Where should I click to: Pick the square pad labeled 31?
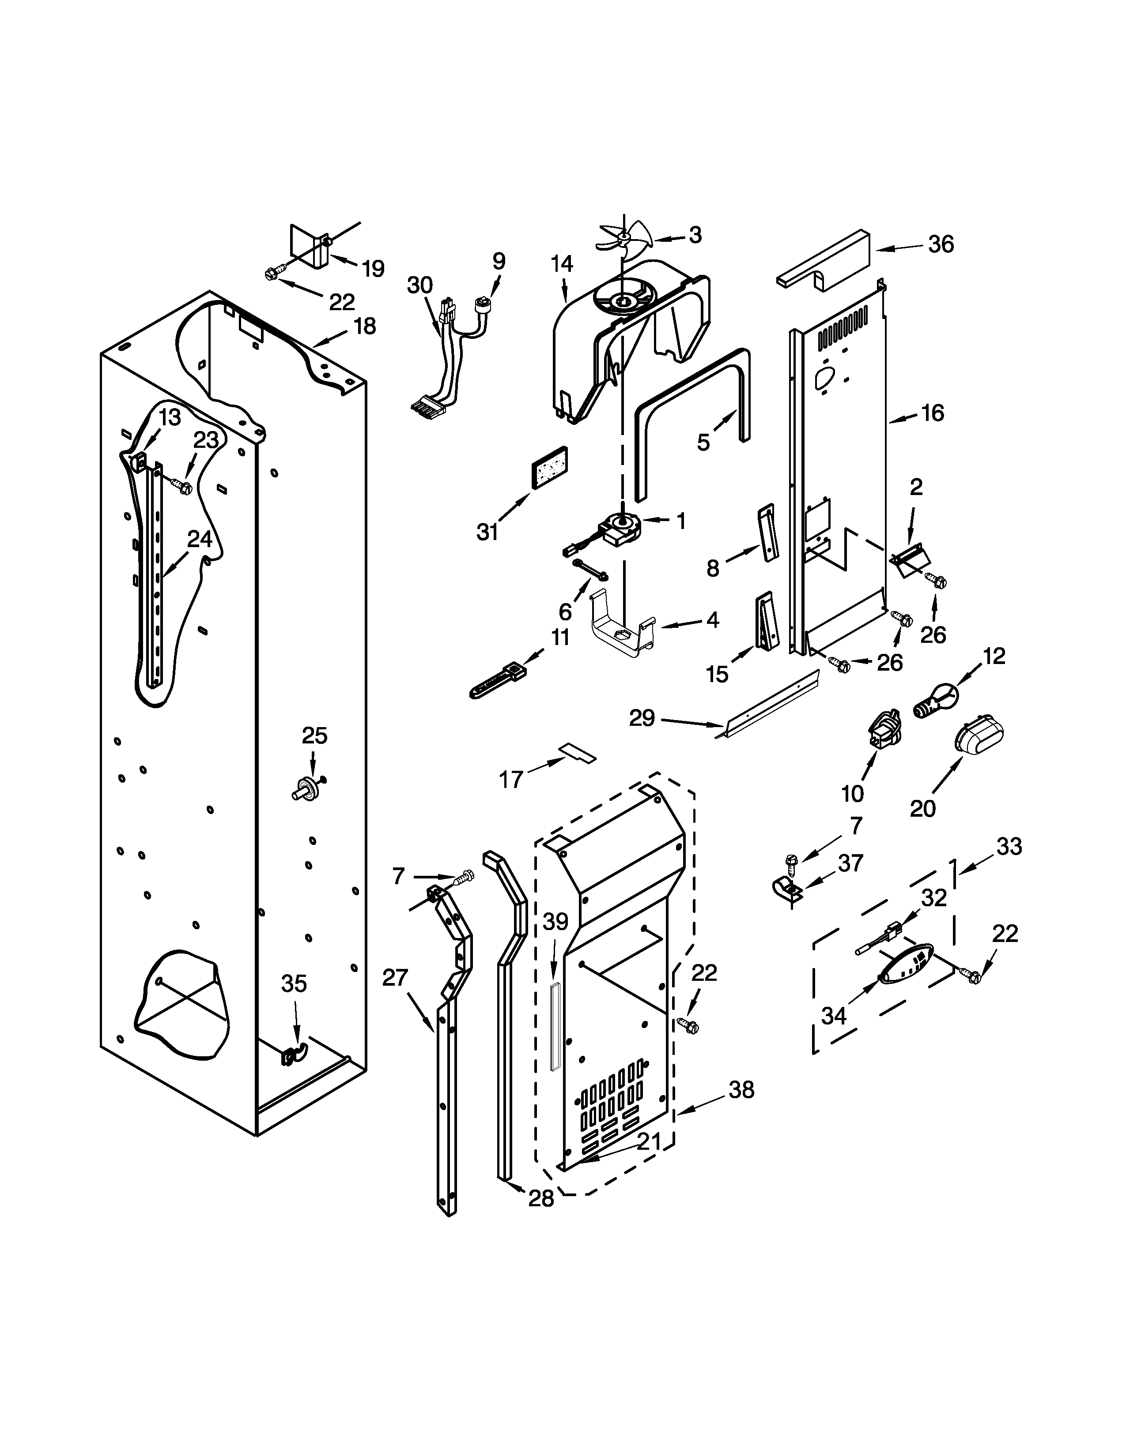549,468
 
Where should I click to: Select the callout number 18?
364,326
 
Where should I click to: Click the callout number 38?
741,1089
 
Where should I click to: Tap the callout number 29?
642,718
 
